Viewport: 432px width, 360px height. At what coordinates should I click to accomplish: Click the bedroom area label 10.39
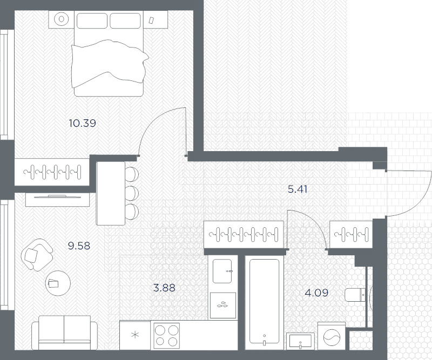(x=82, y=123)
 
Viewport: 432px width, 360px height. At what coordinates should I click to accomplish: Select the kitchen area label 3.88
(x=165, y=288)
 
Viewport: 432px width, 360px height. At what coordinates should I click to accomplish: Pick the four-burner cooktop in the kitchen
(x=166, y=335)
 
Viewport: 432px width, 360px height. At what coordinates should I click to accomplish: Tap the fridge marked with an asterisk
(x=135, y=335)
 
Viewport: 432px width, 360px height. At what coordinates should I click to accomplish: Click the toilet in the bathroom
(x=355, y=295)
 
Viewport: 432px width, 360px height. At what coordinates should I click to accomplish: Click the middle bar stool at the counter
(x=131, y=192)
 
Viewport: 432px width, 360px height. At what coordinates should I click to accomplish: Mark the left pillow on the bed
(x=93, y=21)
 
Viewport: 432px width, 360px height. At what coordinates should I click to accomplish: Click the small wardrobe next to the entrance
(x=349, y=234)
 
